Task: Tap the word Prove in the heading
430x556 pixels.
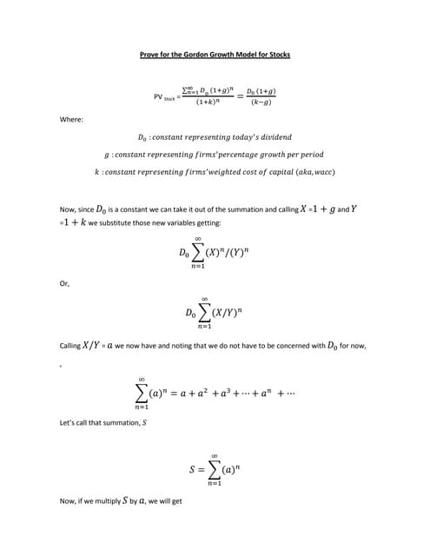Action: click(150, 55)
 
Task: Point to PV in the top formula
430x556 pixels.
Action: click(158, 97)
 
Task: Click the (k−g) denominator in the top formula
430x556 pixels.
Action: click(261, 103)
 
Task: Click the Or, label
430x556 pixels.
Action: click(63, 282)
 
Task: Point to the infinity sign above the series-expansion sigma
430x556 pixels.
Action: click(141, 378)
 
